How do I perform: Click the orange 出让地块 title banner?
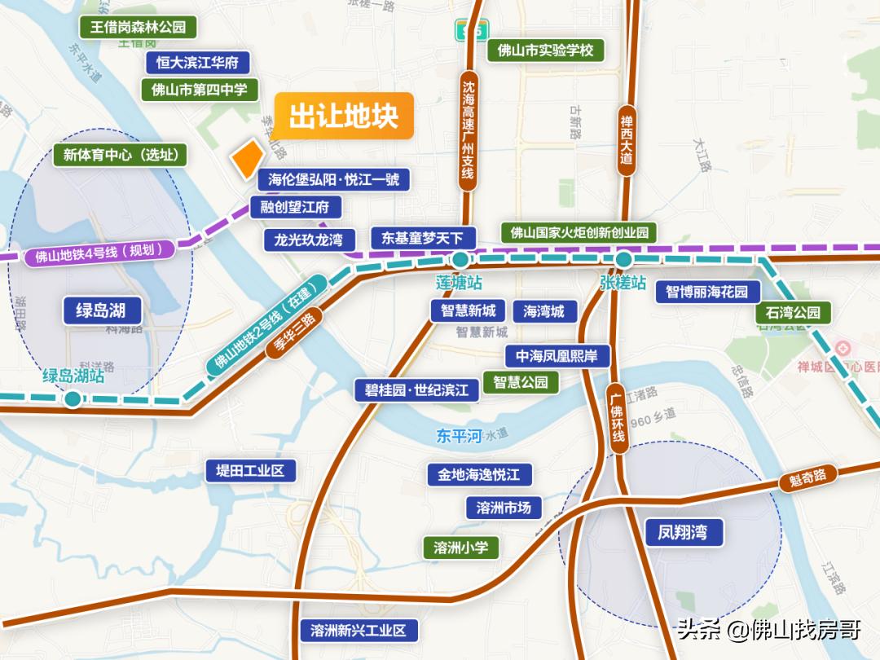(x=343, y=117)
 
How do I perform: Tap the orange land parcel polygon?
(x=247, y=158)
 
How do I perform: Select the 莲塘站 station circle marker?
(x=460, y=260)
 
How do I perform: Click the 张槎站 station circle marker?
(x=623, y=260)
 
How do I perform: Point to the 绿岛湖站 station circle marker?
(x=73, y=398)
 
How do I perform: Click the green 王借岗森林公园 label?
(x=139, y=27)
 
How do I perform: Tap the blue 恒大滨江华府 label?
(x=198, y=62)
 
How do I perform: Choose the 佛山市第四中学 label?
(x=200, y=90)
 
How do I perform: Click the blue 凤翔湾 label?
(x=682, y=533)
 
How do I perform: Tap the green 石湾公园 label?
(x=793, y=313)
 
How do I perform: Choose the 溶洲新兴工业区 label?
(x=359, y=630)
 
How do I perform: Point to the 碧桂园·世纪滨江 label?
(x=416, y=389)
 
